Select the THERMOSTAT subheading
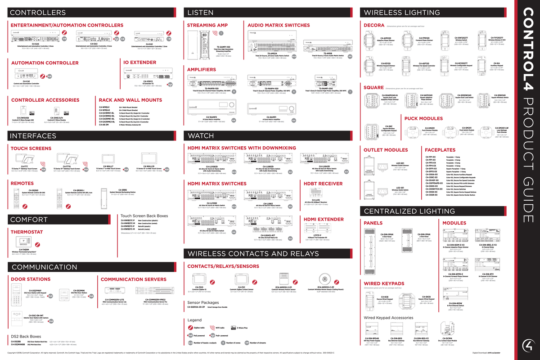(27, 232)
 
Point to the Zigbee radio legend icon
(191, 328)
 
